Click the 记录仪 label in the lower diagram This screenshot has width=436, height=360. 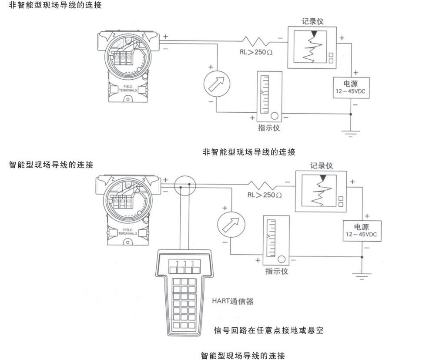coord(322,165)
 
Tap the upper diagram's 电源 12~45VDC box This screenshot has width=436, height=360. coord(351,88)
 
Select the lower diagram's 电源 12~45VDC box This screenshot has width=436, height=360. coord(362,232)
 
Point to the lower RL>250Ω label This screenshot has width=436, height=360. coord(265,195)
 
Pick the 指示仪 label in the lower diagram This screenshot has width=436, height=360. coord(277,272)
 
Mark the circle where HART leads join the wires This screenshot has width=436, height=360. coord(185,186)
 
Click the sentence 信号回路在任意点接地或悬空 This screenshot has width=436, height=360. coord(268,330)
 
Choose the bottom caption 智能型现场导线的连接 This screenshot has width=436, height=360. coord(243,356)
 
